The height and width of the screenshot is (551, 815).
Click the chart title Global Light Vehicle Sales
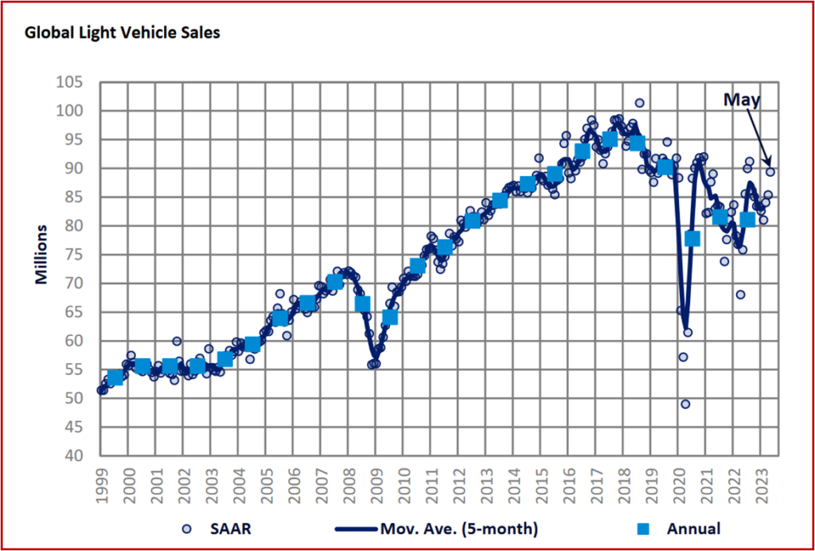pyautogui.click(x=123, y=33)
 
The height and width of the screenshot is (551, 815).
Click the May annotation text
pyautogui.click(x=742, y=100)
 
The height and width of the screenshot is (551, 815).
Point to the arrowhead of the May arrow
pyautogui.click(x=768, y=165)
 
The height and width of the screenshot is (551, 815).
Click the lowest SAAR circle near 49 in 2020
pyautogui.click(x=685, y=404)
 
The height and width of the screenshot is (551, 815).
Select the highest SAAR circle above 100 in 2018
pyautogui.click(x=639, y=103)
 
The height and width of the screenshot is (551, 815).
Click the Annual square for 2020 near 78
pyautogui.click(x=692, y=238)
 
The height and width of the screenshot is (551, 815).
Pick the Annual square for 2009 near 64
pyautogui.click(x=390, y=318)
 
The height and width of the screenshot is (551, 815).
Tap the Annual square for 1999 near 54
pyautogui.click(x=115, y=377)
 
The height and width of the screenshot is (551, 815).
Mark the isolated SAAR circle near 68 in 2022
pyautogui.click(x=740, y=295)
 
